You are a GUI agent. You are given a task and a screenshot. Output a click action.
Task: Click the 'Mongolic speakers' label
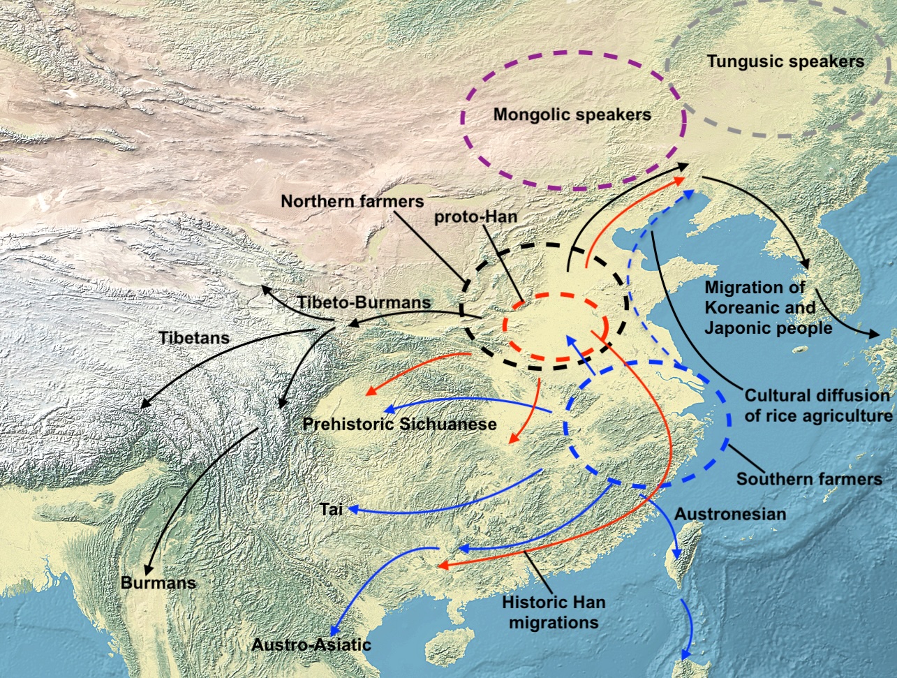[x=572, y=115]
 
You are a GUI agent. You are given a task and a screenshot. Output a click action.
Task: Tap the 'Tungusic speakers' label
[x=785, y=61]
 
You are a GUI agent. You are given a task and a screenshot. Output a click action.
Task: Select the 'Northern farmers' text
[x=352, y=201]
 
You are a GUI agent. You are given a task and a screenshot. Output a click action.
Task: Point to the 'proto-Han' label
[x=475, y=216]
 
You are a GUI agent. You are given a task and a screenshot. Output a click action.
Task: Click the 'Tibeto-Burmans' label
[x=364, y=302]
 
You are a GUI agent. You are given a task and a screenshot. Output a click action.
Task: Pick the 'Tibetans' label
[x=193, y=338]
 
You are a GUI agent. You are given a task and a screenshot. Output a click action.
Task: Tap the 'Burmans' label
[x=158, y=582]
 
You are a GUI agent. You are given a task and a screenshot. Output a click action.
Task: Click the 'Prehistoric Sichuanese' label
[x=399, y=424]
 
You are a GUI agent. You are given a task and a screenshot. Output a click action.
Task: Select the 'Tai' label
[x=331, y=509]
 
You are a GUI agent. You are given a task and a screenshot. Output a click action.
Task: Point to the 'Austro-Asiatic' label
[x=311, y=644]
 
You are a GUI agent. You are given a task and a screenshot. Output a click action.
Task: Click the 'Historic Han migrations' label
[x=554, y=612]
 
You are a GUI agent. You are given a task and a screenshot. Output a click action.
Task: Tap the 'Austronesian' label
[x=729, y=515]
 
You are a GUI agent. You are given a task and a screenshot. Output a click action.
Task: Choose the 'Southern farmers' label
[x=809, y=479]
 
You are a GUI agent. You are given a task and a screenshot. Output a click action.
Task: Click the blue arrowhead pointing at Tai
[x=353, y=510]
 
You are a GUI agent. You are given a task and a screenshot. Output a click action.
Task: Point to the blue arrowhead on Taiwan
[x=676, y=555]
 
